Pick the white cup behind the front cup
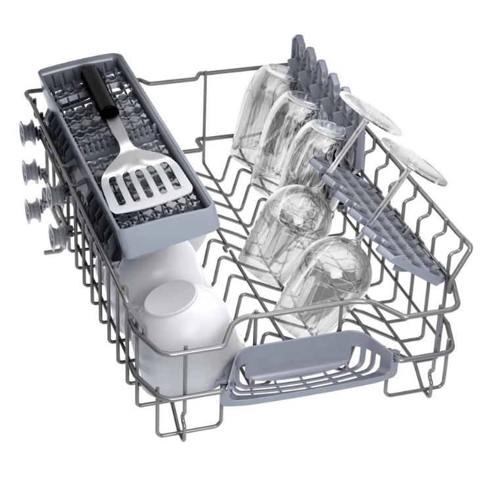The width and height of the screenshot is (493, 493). (x=161, y=263)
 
